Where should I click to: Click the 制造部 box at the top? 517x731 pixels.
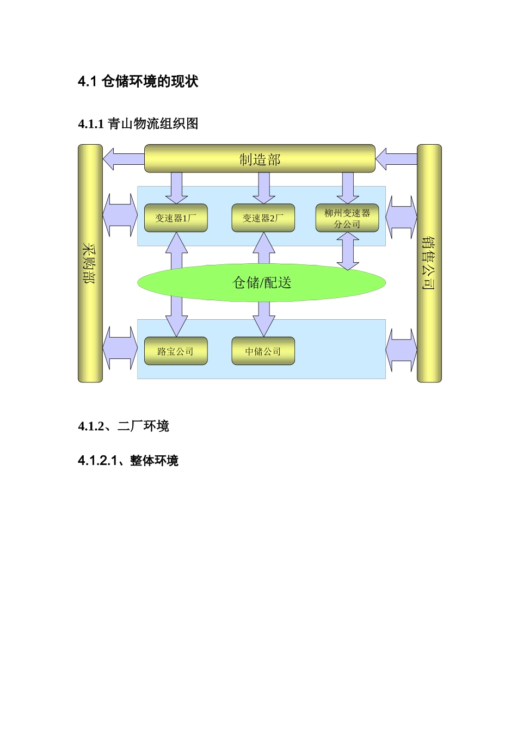coord(260,159)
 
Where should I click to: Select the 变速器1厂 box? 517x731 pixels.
coord(176,218)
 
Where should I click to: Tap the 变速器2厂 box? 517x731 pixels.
coord(263,218)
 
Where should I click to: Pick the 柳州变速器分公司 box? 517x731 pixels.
coord(347,218)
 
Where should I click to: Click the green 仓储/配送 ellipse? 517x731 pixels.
coord(261,282)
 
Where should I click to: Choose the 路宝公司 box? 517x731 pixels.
coord(176,351)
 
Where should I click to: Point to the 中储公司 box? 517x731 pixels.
coord(263,351)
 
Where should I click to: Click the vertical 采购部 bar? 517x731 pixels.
coord(90,263)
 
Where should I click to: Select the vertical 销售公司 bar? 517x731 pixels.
coord(429,263)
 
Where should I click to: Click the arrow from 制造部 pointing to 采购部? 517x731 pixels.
coord(122,159)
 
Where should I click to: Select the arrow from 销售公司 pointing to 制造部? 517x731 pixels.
coord(396,159)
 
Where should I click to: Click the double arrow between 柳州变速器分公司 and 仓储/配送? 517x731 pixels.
coord(348,251)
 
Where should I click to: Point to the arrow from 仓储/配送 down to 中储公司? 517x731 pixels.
coord(264,318)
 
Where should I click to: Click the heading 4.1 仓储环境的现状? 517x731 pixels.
coord(138,82)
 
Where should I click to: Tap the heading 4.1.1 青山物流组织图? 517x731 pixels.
coord(138,124)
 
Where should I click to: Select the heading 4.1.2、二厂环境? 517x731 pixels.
coord(124,426)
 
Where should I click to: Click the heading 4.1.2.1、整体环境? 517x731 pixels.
coord(128,461)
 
